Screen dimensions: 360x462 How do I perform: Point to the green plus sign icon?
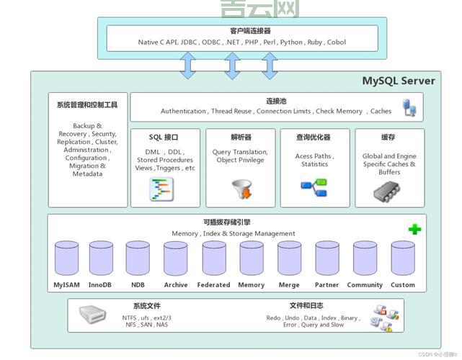pyautogui.click(x=414, y=230)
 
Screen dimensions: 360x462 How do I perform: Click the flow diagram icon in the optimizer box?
pyautogui.click(x=314, y=188)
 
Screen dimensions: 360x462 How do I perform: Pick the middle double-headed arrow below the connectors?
pyautogui.click(x=231, y=66)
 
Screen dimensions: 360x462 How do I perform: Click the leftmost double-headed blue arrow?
pyautogui.click(x=187, y=66)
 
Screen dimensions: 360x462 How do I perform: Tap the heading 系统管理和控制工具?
pyautogui.click(x=87, y=105)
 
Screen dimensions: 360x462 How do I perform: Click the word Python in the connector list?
pyautogui.click(x=292, y=42)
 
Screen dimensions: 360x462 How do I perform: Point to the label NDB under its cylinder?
pyautogui.click(x=138, y=285)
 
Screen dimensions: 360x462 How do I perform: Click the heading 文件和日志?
pyautogui.click(x=306, y=306)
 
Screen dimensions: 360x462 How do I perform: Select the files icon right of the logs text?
pyautogui.click(x=381, y=318)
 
